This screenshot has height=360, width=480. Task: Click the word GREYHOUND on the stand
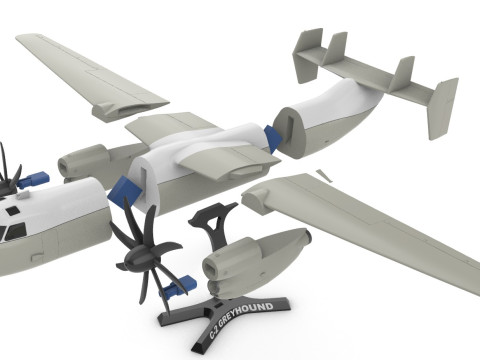246,312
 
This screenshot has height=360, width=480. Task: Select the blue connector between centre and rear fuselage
273,138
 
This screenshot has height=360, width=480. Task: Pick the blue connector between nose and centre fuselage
125,190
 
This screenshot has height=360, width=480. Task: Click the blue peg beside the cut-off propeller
34,179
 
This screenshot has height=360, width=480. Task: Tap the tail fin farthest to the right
443,107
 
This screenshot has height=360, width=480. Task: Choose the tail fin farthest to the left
307,56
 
